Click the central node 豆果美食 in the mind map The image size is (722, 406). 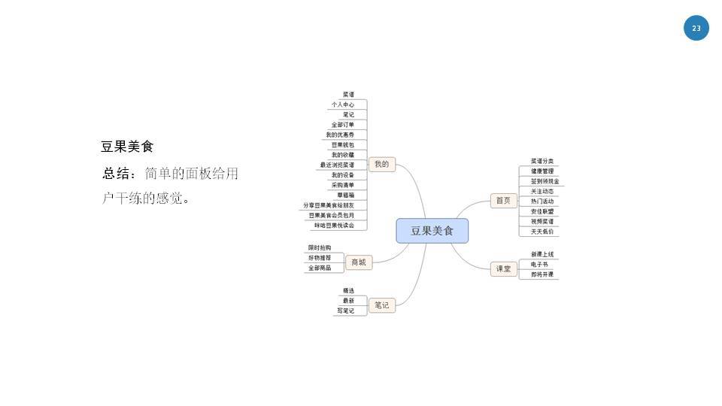pos(432,231)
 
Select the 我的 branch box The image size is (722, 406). pos(382,164)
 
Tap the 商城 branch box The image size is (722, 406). pos(359,262)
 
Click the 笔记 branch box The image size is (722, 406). pos(382,305)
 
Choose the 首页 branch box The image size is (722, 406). pos(502,200)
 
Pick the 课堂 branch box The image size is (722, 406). pos(502,268)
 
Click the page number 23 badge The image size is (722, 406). pos(696,29)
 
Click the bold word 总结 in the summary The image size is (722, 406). pos(116,174)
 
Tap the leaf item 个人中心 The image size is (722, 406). pos(343,105)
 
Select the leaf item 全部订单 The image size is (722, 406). pos(343,125)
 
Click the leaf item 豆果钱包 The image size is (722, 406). pos(343,144)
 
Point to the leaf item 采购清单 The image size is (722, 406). pos(343,185)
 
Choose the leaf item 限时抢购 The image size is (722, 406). pos(320,248)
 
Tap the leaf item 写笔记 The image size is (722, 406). pos(346,311)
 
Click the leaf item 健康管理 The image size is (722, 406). pos(542,171)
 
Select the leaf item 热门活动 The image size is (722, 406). pos(542,201)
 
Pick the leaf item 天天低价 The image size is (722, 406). pos(542,232)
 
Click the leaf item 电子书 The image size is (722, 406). pos(540,265)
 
